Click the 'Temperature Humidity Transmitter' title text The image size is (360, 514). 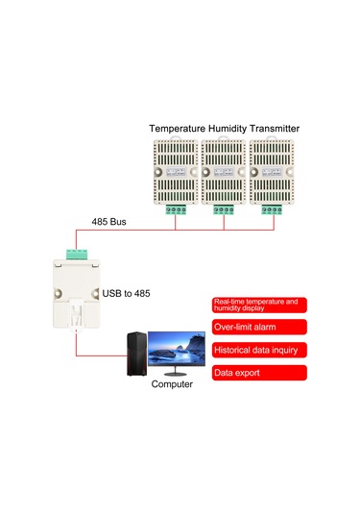click(224, 128)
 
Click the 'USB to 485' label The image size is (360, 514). click(128, 294)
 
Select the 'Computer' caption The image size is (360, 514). click(172, 383)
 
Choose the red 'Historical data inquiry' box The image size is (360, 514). click(257, 350)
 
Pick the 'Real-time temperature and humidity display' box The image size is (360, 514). click(257, 306)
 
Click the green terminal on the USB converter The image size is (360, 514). click(76, 255)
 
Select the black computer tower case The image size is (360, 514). click(136, 355)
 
